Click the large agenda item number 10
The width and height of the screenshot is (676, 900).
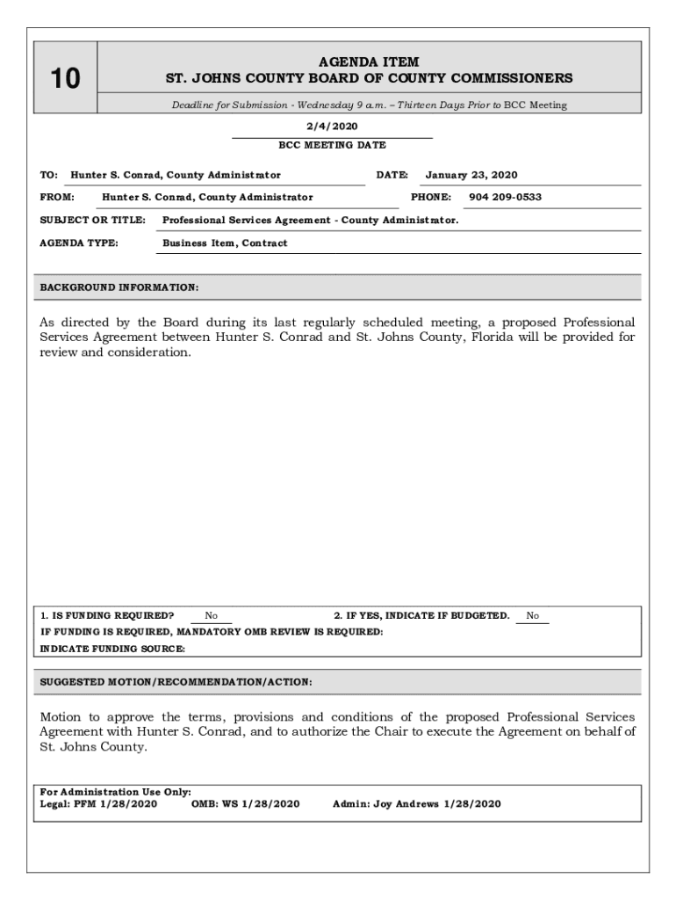[x=64, y=79]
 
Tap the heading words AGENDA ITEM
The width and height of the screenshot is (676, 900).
[x=369, y=62]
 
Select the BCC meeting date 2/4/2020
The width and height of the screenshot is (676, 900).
[x=332, y=127]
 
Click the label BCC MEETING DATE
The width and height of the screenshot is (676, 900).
[x=332, y=145]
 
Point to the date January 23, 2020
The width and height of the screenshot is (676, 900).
[x=471, y=175]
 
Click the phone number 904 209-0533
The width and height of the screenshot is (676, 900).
[x=505, y=197]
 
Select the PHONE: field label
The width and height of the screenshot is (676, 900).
[x=430, y=197]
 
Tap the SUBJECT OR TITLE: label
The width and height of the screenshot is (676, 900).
[x=93, y=220]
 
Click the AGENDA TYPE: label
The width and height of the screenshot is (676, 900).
[x=79, y=243]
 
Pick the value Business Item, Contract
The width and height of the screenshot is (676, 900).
[x=225, y=243]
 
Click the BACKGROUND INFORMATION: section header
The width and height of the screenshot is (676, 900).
[x=119, y=287]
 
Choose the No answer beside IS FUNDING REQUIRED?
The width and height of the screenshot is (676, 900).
[x=211, y=616]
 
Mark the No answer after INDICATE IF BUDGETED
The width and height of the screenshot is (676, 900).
[x=532, y=616]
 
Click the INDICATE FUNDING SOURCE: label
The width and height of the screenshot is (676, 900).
[x=113, y=649]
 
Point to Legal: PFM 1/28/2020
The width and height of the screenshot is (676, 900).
[x=99, y=803]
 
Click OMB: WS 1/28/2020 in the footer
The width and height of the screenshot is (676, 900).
[x=245, y=803]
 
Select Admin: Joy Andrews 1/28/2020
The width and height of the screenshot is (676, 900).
[x=416, y=803]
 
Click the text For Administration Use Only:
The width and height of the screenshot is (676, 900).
[x=116, y=792]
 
